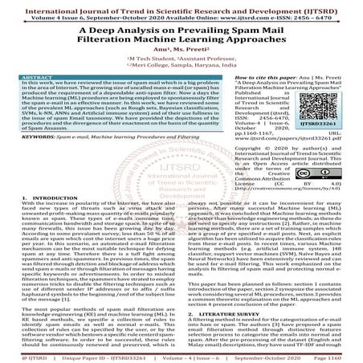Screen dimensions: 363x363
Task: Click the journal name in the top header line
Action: point(181,5)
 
